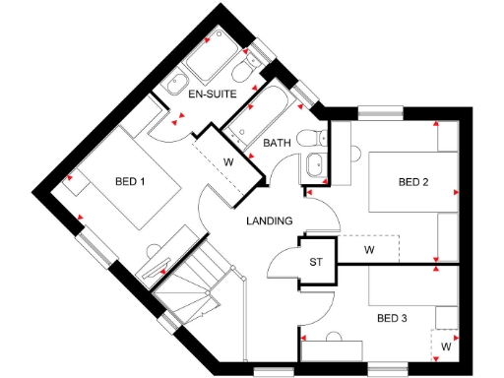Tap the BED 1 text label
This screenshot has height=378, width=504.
click(x=130, y=181)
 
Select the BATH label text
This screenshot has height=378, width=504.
click(x=277, y=144)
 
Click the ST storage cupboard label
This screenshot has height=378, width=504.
click(x=316, y=262)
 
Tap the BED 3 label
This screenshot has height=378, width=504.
click(x=392, y=318)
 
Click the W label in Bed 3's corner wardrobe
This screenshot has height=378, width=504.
click(x=446, y=346)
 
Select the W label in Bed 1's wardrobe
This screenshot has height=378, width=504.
click(x=227, y=161)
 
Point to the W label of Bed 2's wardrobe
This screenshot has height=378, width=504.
click(x=369, y=250)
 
